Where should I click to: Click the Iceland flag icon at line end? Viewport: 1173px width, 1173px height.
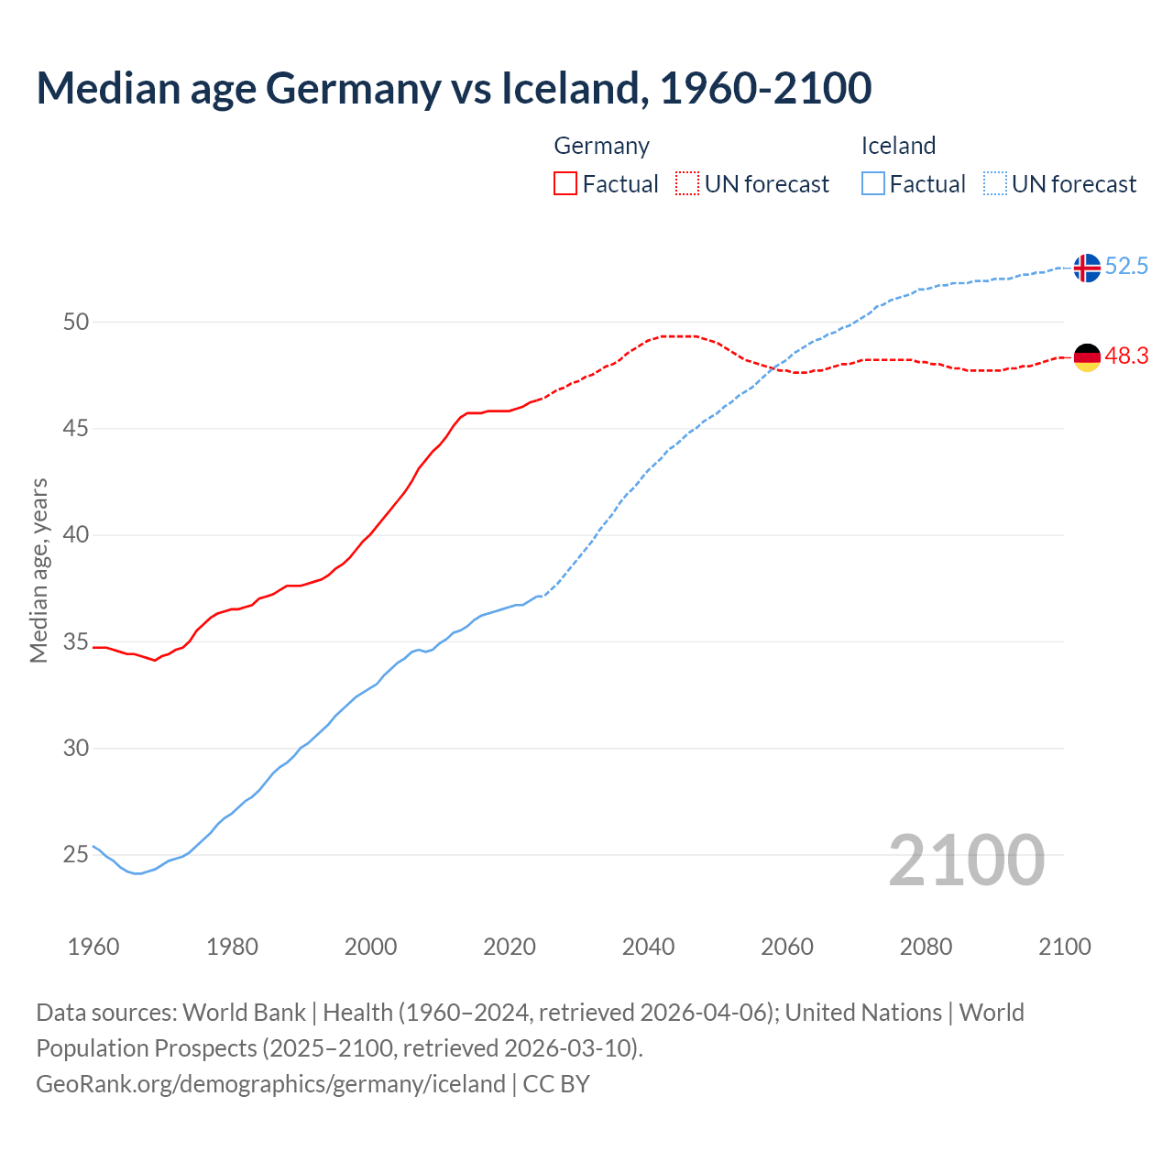1087,268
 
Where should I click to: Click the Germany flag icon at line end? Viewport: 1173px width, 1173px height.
1087,357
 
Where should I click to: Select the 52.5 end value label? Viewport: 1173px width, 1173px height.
1126,267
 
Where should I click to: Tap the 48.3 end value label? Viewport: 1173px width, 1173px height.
1126,356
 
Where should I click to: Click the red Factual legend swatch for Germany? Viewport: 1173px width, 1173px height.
565,184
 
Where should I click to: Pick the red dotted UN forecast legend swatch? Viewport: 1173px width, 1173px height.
687,184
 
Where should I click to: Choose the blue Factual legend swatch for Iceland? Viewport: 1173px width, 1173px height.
873,184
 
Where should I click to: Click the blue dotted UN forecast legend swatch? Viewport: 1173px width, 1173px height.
995,184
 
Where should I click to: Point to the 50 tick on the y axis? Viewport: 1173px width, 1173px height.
76,322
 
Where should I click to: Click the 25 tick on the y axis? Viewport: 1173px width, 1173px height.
76,855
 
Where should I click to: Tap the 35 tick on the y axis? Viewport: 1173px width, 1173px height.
76,641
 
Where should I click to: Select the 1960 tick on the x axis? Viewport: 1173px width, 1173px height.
93,947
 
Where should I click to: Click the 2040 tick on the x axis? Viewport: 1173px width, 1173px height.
648,947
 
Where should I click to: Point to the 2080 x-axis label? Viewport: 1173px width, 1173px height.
926,947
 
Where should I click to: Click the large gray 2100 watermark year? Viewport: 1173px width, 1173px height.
966,861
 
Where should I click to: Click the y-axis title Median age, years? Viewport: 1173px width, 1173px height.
38,570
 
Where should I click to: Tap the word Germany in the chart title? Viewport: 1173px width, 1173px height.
352,88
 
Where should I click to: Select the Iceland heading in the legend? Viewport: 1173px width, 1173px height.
898,146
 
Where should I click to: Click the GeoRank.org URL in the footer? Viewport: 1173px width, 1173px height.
270,1084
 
